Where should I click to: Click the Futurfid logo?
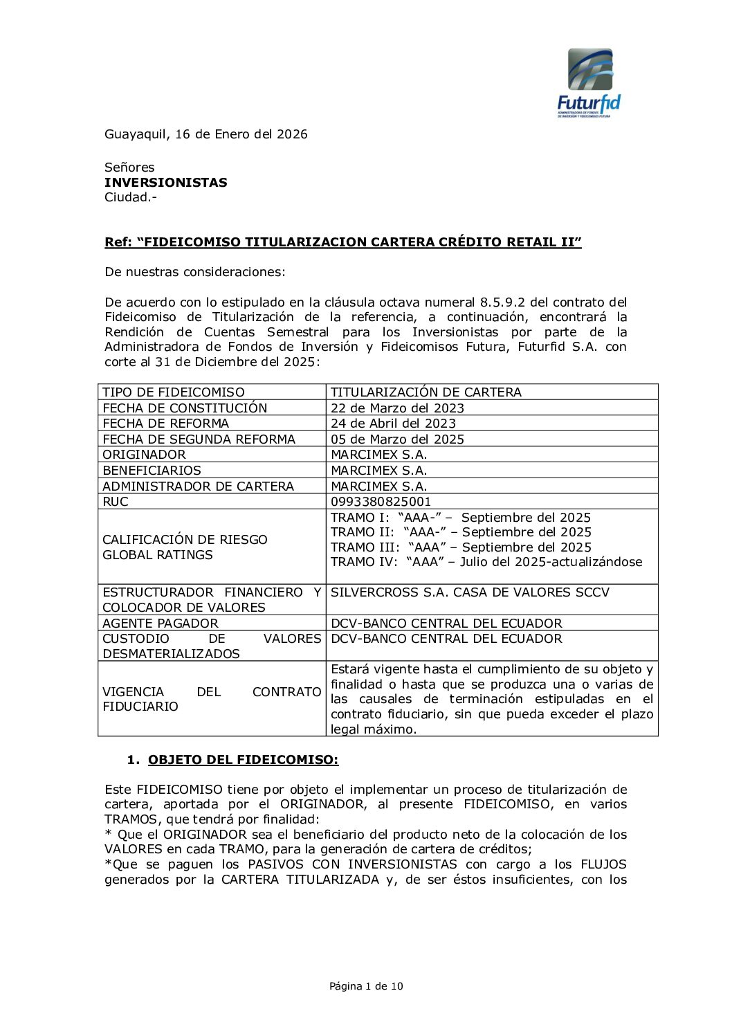(589, 82)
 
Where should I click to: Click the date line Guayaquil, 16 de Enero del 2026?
(205, 134)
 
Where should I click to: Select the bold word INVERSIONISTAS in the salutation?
(165, 183)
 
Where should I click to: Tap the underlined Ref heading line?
(342, 242)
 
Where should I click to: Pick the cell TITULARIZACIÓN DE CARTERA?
(426, 392)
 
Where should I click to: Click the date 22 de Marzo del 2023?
(397, 408)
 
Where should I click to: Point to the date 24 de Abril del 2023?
(393, 424)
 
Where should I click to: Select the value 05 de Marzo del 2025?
(397, 439)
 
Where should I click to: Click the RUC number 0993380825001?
(381, 502)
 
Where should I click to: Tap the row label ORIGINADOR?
(144, 455)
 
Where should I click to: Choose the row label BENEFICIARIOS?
(152, 471)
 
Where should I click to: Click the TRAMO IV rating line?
(486, 562)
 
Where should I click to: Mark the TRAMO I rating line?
(460, 518)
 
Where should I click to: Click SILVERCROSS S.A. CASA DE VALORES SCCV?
(470, 592)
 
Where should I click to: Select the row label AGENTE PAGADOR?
(160, 624)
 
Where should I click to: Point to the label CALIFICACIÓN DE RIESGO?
(185, 540)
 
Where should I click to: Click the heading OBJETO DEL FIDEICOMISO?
(243, 760)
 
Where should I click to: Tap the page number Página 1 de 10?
(366, 986)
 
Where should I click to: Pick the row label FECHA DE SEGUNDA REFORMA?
(199, 439)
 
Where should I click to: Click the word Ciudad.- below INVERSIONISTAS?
(131, 197)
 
